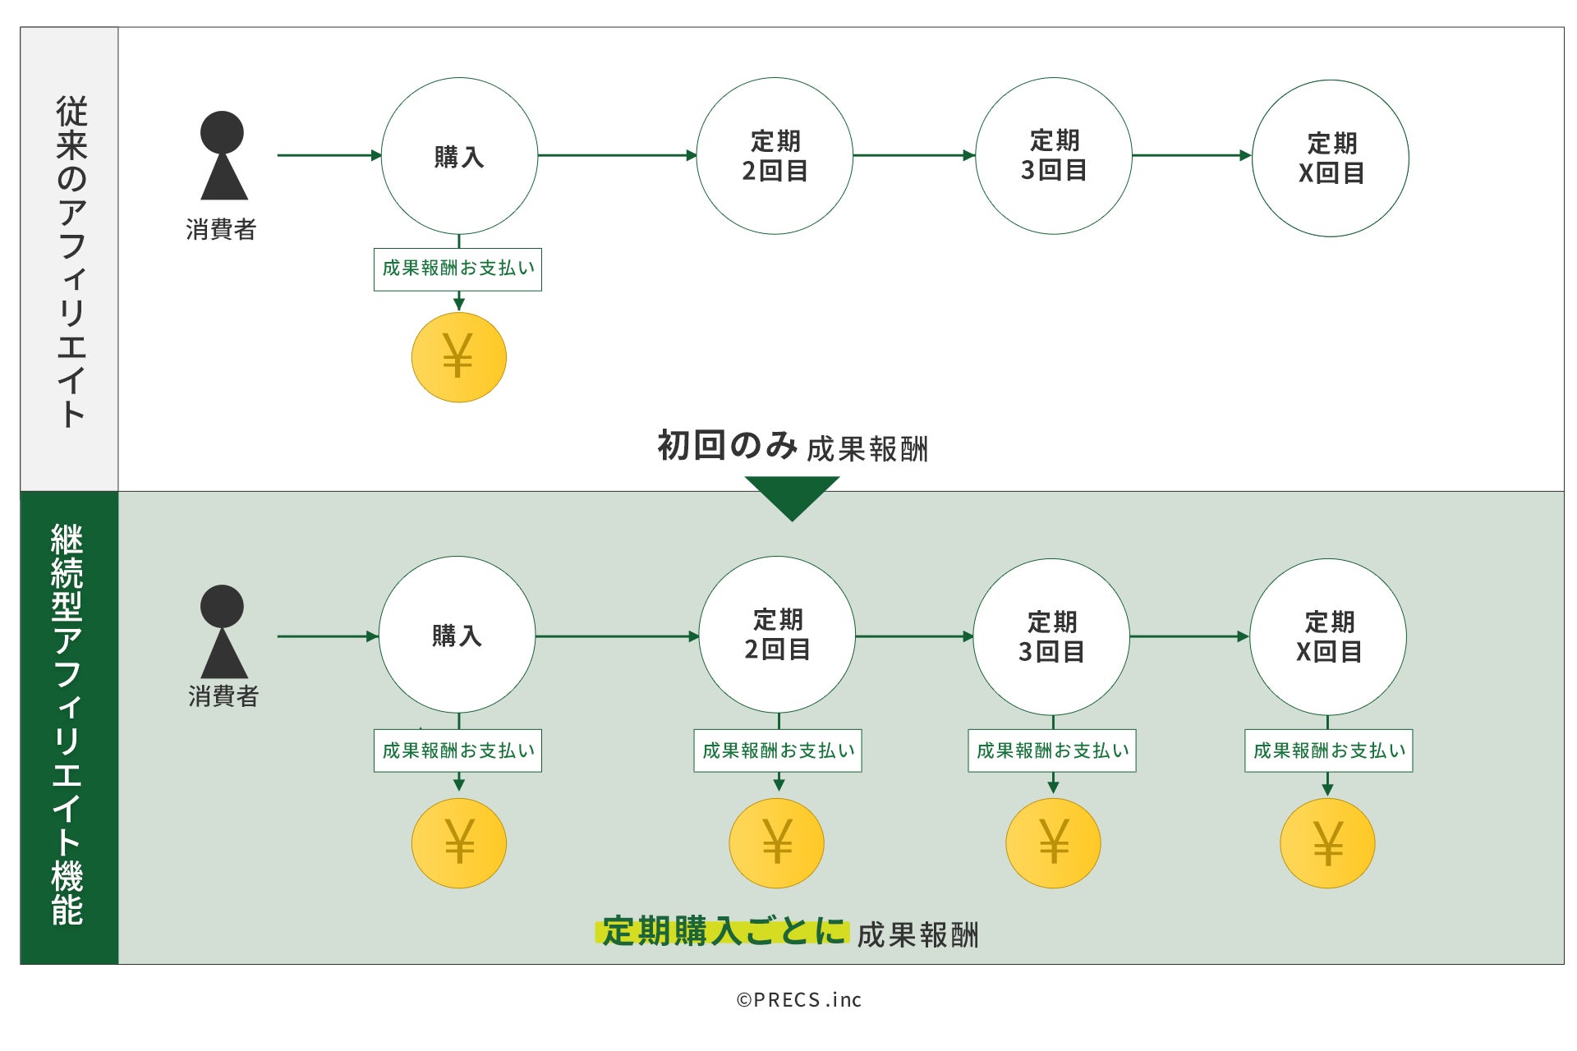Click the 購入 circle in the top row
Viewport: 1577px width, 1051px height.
[x=459, y=156]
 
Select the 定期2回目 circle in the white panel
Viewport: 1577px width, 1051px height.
[x=775, y=156]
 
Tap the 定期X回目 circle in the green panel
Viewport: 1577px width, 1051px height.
[x=1328, y=636]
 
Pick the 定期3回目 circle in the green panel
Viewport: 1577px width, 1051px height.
[x=1051, y=636]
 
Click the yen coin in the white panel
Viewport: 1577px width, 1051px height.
[x=458, y=357]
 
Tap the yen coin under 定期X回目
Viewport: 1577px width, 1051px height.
[x=1327, y=843]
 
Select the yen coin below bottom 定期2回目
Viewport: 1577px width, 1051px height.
[x=776, y=843]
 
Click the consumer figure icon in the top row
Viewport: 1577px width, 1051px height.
[x=223, y=156]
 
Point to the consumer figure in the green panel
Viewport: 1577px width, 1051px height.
[x=223, y=631]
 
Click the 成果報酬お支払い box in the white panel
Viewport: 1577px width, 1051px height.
[x=457, y=268]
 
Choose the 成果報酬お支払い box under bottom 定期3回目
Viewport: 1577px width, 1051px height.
[x=1052, y=750]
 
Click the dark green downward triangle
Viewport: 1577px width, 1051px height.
[x=792, y=496]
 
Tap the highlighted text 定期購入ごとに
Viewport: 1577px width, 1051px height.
[x=723, y=932]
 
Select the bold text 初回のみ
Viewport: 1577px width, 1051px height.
[x=727, y=446]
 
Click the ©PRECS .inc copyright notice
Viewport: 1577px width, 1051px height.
[x=798, y=999]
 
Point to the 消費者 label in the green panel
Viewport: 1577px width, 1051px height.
[x=223, y=696]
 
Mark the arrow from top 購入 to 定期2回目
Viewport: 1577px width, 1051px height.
[x=617, y=155]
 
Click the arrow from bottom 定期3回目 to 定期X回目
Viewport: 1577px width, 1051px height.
[x=1189, y=636]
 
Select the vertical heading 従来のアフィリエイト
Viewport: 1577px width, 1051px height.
[x=71, y=261]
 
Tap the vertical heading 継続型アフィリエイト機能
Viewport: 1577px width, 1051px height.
[x=68, y=725]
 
